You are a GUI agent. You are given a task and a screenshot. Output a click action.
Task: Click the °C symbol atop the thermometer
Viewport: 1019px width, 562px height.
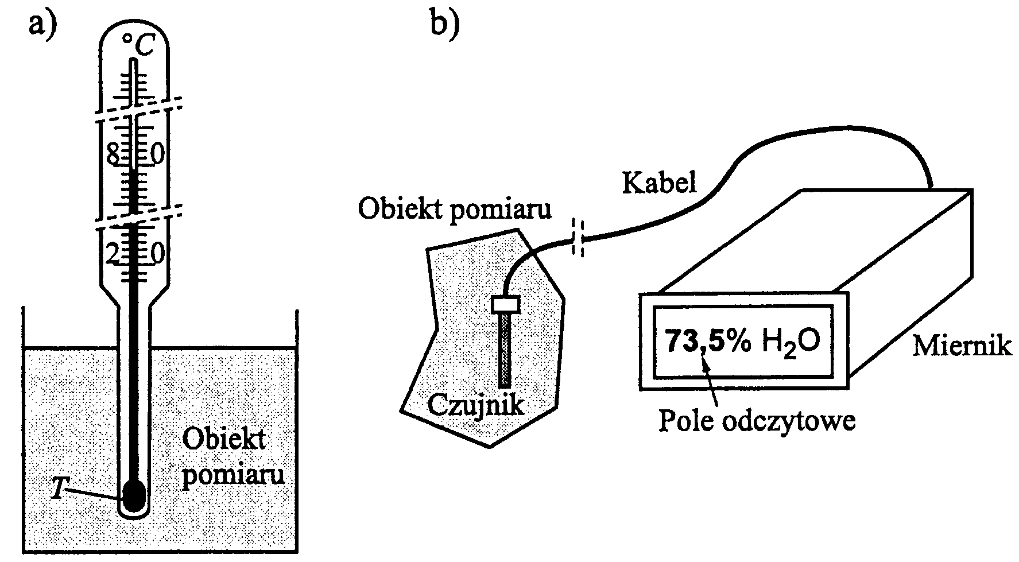click(x=138, y=45)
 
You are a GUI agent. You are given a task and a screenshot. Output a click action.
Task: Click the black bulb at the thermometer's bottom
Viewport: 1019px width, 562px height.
click(x=134, y=495)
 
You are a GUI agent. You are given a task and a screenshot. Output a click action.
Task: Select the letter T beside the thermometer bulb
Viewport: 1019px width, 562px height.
click(x=57, y=489)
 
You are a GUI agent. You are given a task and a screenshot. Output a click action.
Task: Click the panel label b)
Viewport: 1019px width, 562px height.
click(x=445, y=24)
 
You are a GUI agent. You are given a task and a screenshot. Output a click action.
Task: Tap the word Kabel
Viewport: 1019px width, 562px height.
click(x=659, y=183)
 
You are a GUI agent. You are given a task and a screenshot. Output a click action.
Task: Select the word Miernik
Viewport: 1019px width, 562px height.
click(x=962, y=347)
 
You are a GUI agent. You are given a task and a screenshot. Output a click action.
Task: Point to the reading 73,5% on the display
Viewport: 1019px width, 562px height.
click(x=707, y=341)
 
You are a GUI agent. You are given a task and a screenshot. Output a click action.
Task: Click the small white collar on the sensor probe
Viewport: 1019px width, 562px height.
click(x=506, y=304)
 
